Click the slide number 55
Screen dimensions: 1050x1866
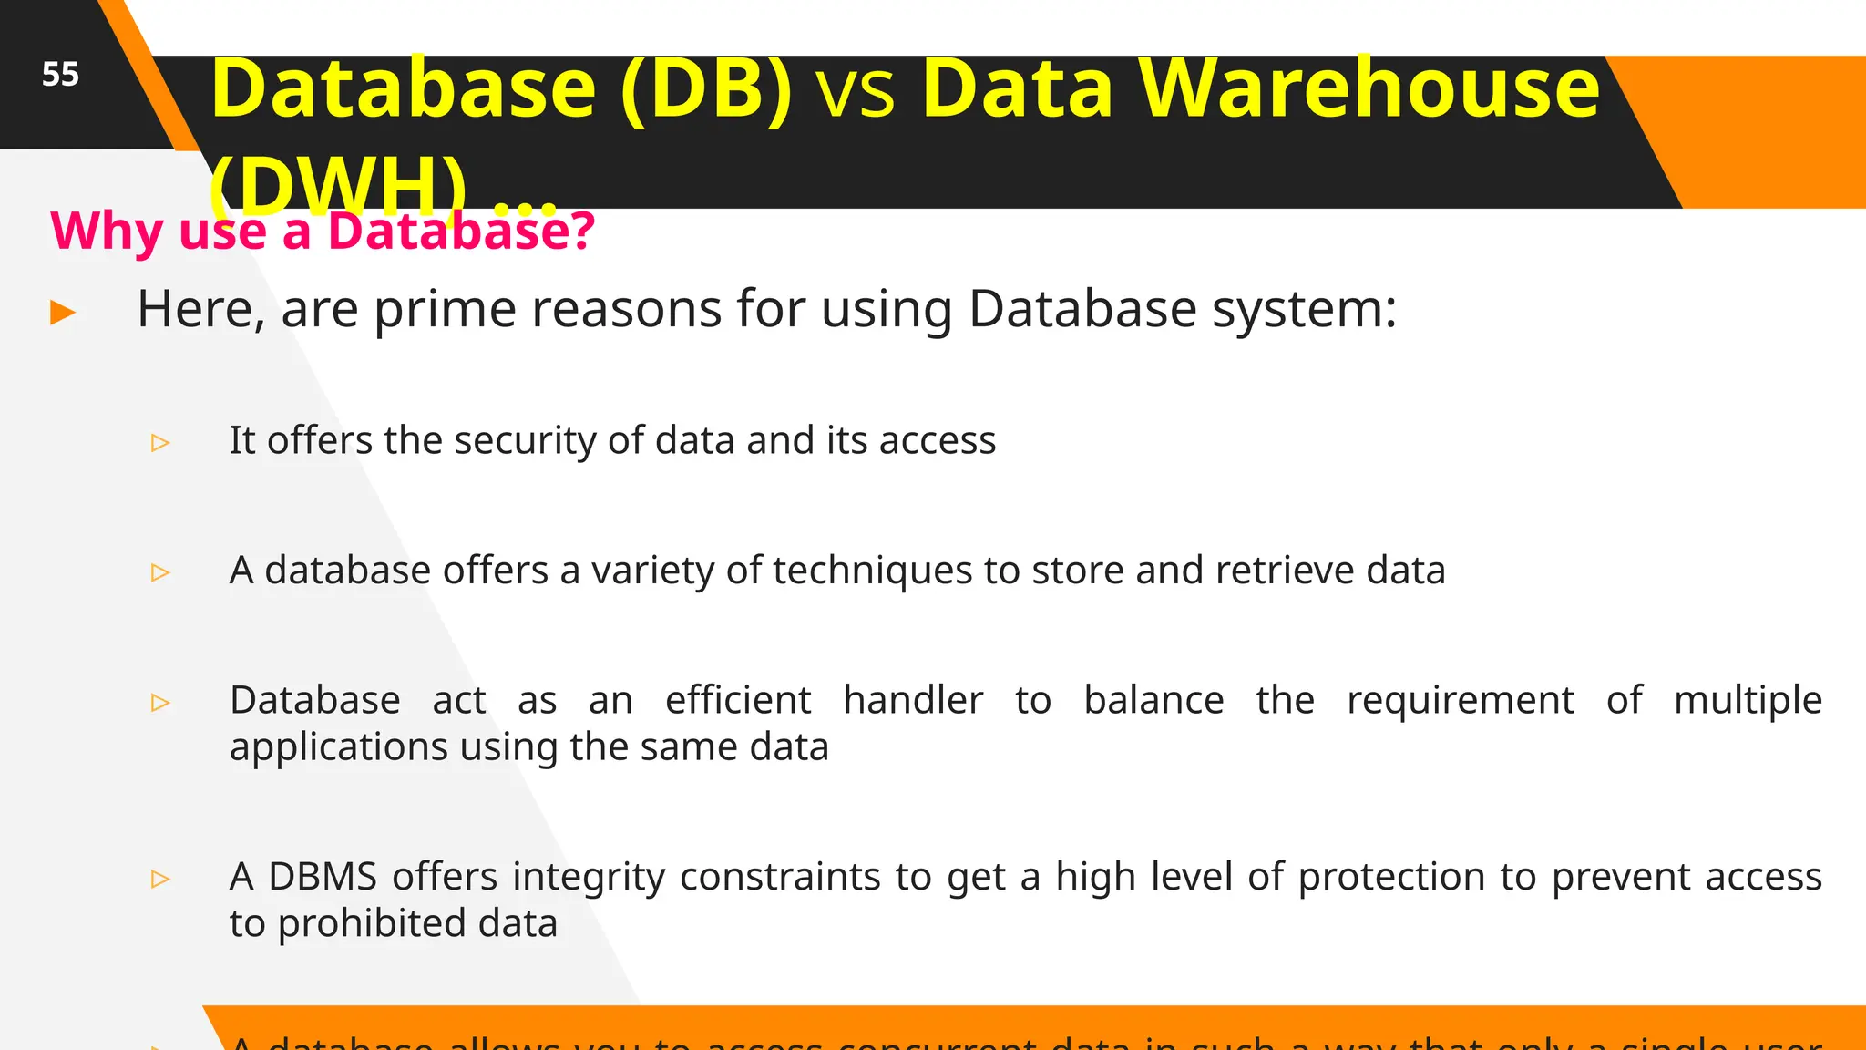60,75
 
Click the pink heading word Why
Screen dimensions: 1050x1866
106,231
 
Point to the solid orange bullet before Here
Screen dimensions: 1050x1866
63,313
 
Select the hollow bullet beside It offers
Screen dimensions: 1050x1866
160,443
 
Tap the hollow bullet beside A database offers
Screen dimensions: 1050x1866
160,572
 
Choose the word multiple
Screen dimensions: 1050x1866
1747,701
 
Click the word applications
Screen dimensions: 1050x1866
338,748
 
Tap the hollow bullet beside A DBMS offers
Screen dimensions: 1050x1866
160,879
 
